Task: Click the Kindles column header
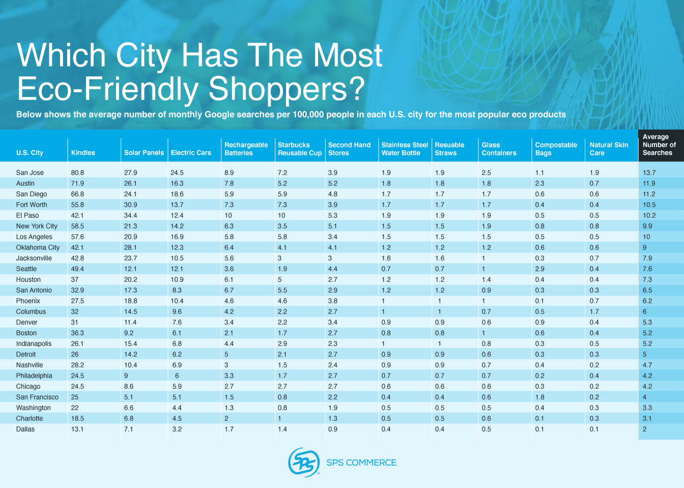83,153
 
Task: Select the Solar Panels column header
144,153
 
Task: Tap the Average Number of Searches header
659,145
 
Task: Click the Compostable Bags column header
556,149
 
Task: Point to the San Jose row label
30,173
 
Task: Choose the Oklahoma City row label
38,247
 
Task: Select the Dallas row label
25,429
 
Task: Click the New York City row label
37,226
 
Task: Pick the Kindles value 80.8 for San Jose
77,173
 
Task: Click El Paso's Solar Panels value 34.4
131,215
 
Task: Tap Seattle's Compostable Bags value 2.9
539,269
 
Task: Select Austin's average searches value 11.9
649,183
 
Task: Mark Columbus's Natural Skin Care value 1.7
594,311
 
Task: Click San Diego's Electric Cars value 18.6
177,194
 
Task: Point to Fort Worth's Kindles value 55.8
77,205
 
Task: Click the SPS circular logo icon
304,463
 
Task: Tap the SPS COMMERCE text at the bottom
361,463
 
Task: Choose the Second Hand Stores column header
349,149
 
